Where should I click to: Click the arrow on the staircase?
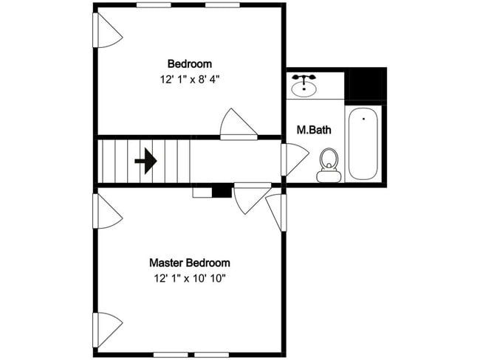click(146, 160)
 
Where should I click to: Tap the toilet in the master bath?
click(329, 165)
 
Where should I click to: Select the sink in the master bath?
click(303, 87)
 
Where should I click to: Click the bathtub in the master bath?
click(363, 144)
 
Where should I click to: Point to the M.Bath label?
click(314, 130)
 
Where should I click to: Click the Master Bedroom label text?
click(189, 263)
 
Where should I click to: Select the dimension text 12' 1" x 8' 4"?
click(189, 78)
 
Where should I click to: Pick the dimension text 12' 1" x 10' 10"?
click(189, 279)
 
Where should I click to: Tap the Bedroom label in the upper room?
click(189, 63)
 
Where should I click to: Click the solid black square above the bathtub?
click(366, 86)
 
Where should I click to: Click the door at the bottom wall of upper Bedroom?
click(239, 125)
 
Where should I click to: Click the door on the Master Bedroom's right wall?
click(275, 212)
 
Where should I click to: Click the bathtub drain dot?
click(363, 117)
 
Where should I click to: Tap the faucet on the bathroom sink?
click(303, 77)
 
